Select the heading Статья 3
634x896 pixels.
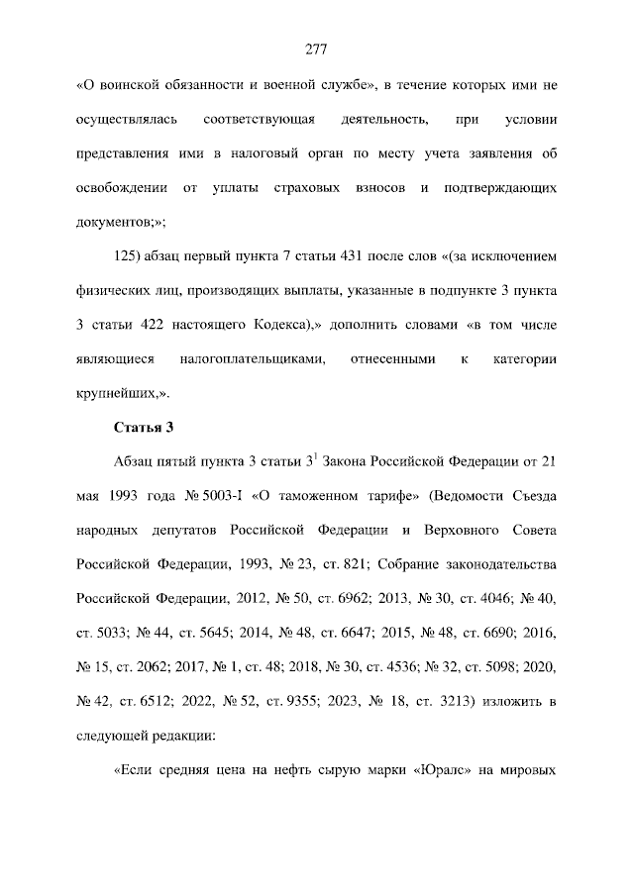click(x=144, y=428)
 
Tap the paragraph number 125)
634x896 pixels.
click(x=133, y=256)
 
